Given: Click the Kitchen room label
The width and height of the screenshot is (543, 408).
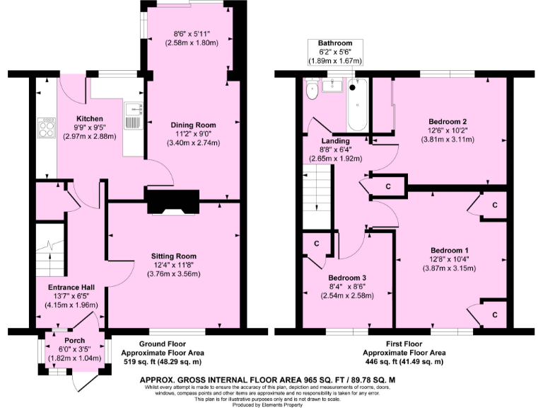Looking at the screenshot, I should coord(90,118).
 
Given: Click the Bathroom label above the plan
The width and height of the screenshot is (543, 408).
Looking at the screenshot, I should coord(334,43).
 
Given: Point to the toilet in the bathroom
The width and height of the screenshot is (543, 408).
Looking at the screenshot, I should coord(311,91).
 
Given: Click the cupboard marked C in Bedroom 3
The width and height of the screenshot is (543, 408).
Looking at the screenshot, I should coord(314,242).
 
